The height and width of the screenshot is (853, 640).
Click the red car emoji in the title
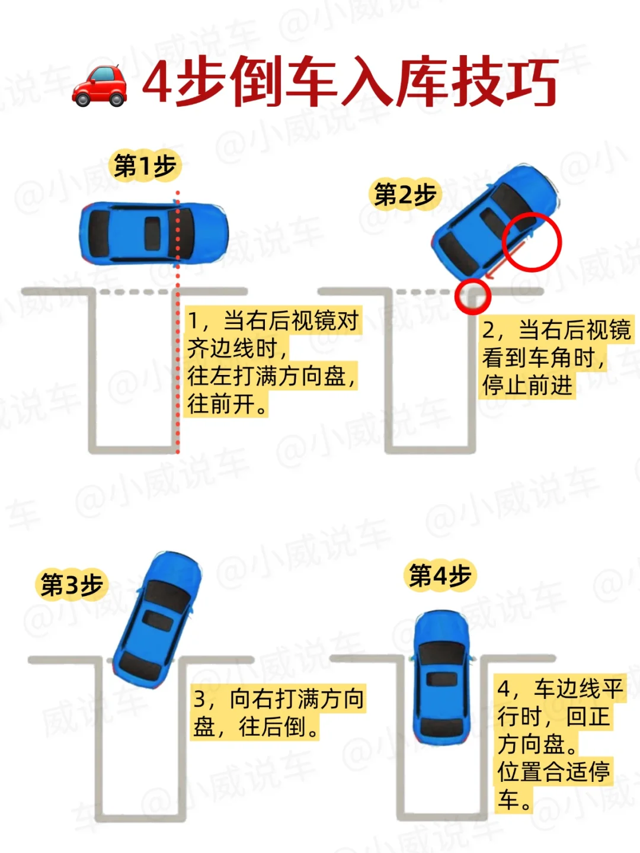point(100,86)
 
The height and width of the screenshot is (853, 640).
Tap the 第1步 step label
point(145,166)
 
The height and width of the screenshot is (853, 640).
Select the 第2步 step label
point(405,194)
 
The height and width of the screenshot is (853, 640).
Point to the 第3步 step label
point(72,585)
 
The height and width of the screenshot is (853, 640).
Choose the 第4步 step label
point(440,575)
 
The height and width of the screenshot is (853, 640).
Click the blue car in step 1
point(153,233)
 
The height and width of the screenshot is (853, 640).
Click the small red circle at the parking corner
point(473,296)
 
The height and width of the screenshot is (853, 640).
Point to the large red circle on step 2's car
point(531,242)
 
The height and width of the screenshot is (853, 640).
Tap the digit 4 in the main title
point(157,83)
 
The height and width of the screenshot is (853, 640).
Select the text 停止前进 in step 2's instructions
point(527,385)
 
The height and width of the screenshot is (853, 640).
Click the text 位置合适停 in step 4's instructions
point(553,772)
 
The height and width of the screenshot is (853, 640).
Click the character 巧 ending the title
point(529,83)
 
